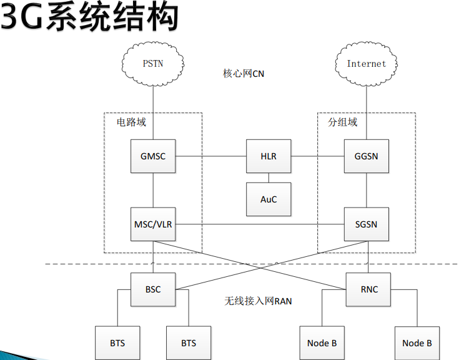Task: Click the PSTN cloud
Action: click(153, 63)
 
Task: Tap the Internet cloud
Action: click(367, 63)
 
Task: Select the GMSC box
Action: click(153, 156)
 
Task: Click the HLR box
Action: click(269, 156)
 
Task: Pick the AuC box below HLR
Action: click(269, 199)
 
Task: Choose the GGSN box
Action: click(367, 156)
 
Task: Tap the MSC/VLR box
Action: click(153, 224)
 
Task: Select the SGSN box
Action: click(367, 224)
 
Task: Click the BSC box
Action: click(153, 289)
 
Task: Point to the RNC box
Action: click(369, 289)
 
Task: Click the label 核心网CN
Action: click(244, 74)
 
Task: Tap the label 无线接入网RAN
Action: click(258, 301)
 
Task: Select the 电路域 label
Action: click(131, 122)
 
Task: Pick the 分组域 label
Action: click(343, 122)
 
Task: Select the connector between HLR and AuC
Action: click(269, 177)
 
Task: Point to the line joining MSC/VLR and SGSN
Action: click(259, 224)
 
